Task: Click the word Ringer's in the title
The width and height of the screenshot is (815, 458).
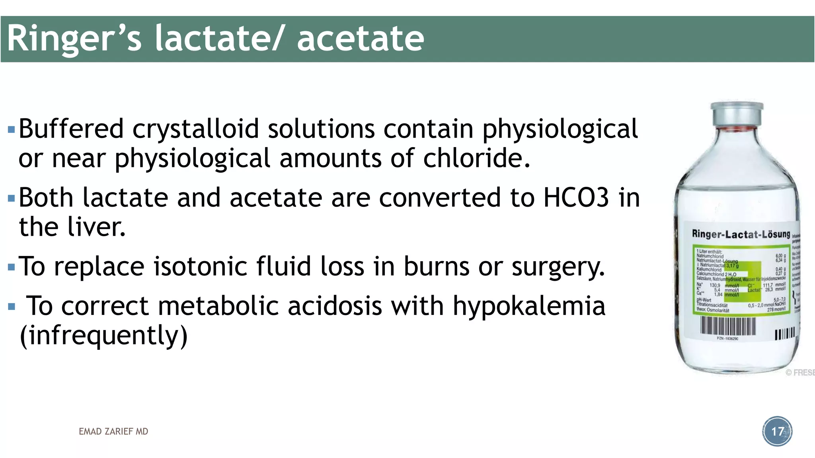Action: pos(74,39)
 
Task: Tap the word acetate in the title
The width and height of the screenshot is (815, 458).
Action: pos(360,39)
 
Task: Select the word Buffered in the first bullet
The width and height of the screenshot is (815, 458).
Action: pos(71,129)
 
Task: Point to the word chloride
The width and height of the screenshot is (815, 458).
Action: pos(476,158)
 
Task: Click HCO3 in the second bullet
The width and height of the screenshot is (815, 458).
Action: pos(576,198)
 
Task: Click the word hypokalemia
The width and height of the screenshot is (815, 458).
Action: pos(529,306)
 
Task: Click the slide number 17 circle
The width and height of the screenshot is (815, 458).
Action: pos(777,431)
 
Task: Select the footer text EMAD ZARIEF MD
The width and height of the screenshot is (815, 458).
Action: pos(113,432)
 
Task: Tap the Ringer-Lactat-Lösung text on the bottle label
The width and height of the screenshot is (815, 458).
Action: pos(741,234)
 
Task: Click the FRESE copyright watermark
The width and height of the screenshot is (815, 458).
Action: pos(800,373)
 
